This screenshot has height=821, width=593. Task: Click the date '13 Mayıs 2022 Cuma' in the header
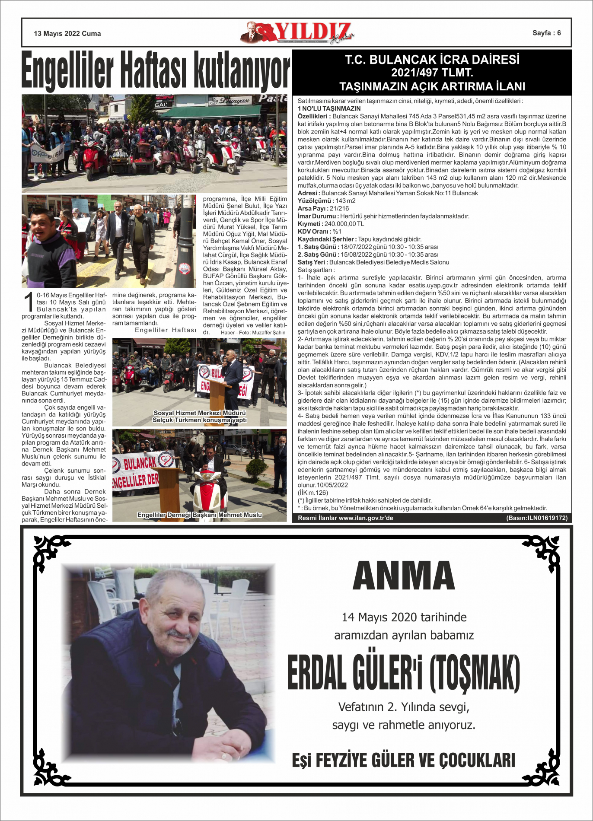67,34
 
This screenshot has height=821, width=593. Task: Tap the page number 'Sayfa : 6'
546,33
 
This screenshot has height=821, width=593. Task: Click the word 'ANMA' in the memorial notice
404,576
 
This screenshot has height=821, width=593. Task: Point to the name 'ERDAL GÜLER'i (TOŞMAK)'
404,673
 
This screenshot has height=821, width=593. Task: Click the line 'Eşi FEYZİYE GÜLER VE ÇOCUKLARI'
404,760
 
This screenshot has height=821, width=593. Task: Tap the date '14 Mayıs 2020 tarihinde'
404,617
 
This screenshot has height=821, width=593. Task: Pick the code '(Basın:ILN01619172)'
537,518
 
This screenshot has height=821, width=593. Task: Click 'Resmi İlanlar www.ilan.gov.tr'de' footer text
346,518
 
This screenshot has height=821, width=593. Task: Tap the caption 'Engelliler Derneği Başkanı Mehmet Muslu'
200,515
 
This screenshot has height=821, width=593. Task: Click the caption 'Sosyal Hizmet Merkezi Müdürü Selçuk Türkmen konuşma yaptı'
200,417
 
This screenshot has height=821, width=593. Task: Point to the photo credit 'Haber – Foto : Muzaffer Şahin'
253,332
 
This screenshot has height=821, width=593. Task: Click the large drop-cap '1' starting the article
29,302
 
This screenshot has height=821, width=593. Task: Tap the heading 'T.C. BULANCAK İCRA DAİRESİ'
432,60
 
